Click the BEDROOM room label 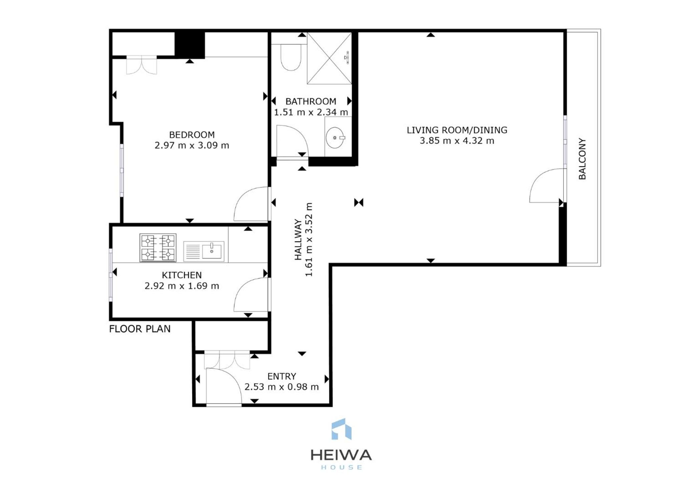192,135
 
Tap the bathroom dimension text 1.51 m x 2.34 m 311,112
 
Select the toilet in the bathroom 291,57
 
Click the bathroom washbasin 335,137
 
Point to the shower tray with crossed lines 329,58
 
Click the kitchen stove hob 158,248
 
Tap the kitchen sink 204,251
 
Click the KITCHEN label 182,275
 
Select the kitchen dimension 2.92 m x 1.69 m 182,286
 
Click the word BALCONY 582,159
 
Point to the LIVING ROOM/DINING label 457,130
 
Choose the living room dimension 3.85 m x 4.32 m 457,141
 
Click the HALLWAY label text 298,239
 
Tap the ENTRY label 282,376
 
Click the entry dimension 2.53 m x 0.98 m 282,387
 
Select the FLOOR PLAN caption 140,329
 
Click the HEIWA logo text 341,455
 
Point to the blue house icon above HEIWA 341,429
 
